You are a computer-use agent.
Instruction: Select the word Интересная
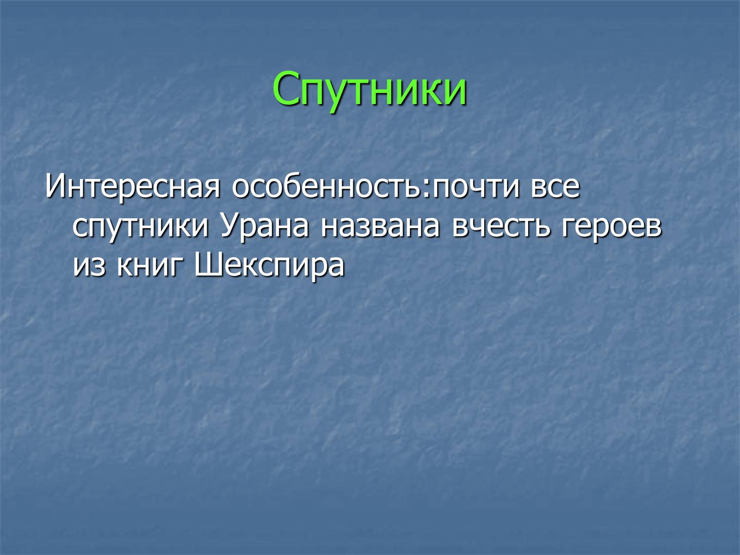132,186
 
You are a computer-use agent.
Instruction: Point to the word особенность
327,186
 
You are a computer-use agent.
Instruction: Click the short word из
89,266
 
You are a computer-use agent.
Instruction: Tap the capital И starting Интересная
55,186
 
